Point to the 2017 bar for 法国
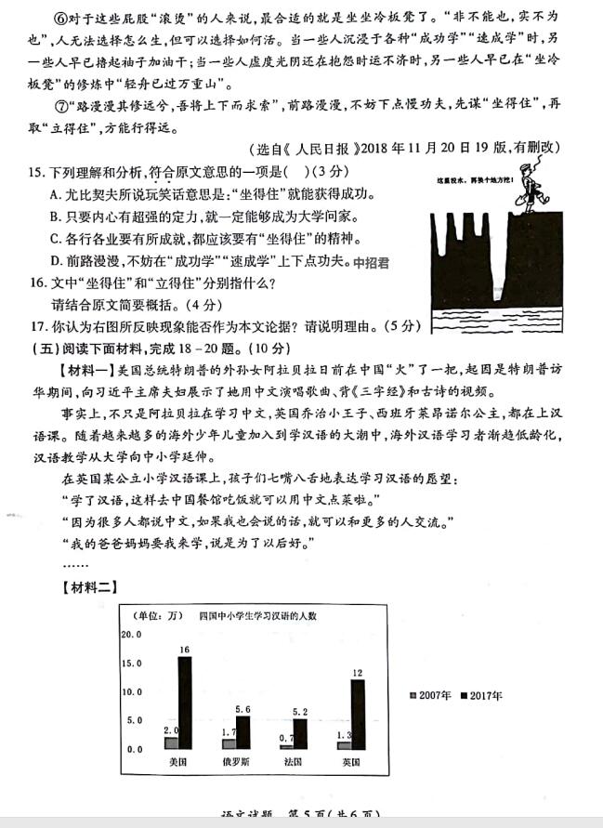299,734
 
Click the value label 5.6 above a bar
243,709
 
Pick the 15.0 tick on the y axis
133,664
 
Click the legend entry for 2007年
429,696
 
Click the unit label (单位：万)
153,615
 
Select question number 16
38,283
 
